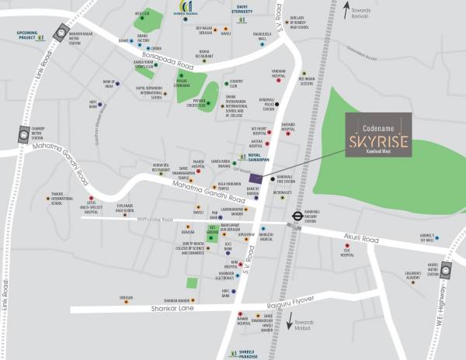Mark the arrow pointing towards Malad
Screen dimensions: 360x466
pos(290,320)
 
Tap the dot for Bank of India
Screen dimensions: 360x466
pos(116,81)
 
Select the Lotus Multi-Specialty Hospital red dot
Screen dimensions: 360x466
pos(91,198)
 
